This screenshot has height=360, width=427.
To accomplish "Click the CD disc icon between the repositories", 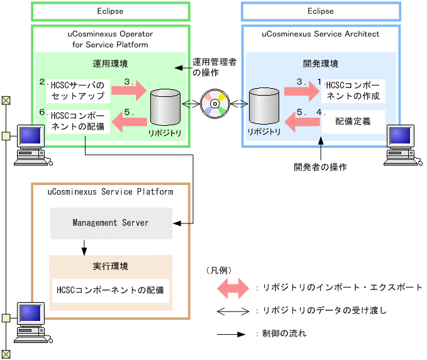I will tap(215, 103).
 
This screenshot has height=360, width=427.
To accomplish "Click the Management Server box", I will tap(111, 223).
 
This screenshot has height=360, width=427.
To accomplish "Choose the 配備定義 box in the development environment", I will tap(352, 122).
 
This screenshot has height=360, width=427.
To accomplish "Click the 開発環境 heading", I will tap(320, 64).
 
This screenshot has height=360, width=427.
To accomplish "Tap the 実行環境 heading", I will tap(111, 266).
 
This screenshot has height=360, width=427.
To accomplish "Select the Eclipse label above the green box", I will tap(110, 11).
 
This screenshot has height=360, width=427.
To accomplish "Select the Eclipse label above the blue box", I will tap(320, 11).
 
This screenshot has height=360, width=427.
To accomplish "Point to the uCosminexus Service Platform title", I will tap(111, 192).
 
